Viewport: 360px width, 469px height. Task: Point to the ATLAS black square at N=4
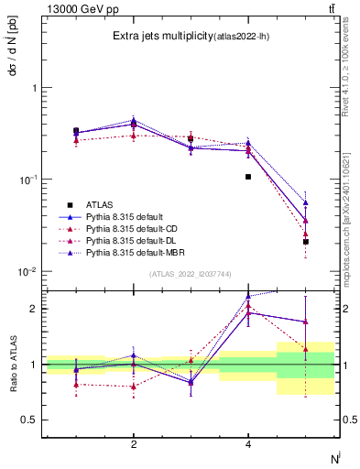click(x=248, y=177)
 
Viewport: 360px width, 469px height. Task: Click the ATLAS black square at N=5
click(x=306, y=242)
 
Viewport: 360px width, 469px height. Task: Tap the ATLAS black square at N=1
click(x=76, y=131)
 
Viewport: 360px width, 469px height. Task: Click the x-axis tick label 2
click(x=134, y=444)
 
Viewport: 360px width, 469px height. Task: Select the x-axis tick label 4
click(x=248, y=444)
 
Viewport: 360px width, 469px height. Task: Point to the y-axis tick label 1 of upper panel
click(x=34, y=88)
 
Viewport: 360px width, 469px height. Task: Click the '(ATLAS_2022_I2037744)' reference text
click(x=191, y=274)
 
